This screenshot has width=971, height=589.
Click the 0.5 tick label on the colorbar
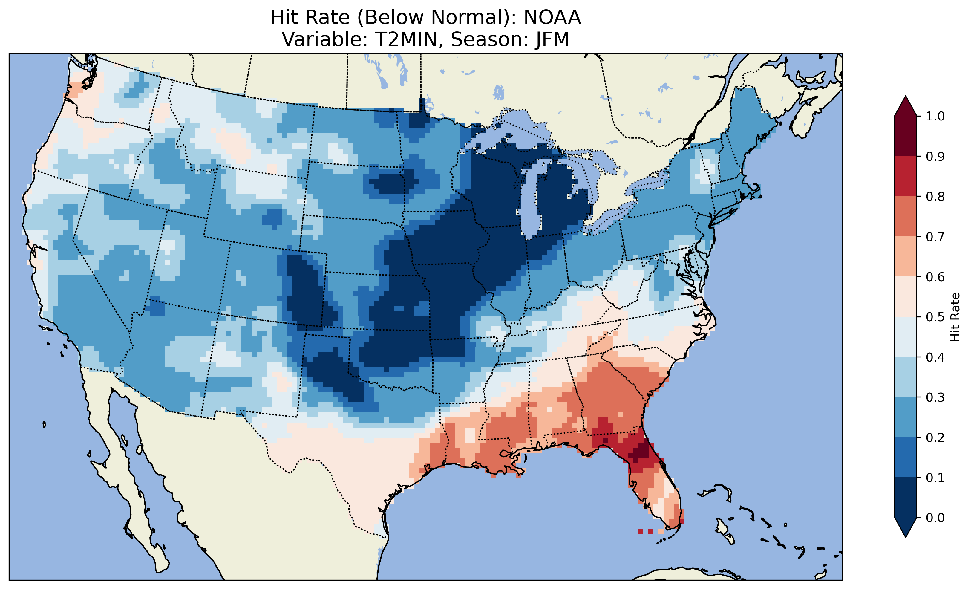click(935, 317)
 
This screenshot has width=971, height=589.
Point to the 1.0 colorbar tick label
click(935, 116)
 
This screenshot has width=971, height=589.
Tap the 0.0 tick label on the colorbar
click(935, 518)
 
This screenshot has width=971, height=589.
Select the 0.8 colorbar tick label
click(935, 196)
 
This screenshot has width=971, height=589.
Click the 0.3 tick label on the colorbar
click(935, 397)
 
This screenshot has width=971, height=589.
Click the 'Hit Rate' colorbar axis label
click(955, 317)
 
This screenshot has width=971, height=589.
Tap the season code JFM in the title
click(552, 39)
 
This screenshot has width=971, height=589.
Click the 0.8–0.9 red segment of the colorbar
click(906, 176)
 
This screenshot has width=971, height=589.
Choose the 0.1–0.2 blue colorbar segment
click(906, 457)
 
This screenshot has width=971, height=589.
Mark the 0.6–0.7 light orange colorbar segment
click(906, 256)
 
